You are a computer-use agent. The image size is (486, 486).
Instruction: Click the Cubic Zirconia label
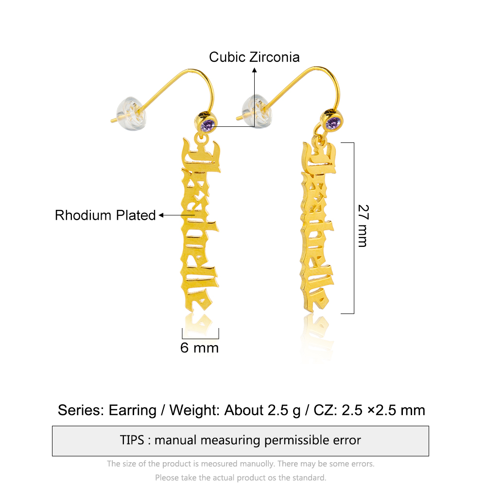254,57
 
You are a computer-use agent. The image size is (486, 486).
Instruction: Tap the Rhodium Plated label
105,215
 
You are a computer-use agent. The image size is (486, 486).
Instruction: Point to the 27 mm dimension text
363,226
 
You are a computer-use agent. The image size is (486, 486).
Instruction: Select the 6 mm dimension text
199,348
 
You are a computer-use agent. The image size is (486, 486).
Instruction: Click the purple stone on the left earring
208,125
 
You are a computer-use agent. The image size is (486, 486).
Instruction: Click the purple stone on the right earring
333,123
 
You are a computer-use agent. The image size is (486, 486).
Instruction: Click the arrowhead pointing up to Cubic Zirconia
255,70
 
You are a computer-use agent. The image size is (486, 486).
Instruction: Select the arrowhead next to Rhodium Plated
161,215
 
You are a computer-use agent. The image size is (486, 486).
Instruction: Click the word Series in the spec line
81,410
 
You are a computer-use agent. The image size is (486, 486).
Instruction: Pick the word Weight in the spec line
195,411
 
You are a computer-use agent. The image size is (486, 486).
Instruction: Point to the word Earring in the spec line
132,411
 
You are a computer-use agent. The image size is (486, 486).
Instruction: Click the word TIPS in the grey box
132,440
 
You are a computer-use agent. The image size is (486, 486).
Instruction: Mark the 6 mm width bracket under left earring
200,338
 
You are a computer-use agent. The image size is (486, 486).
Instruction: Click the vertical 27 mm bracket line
354,228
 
